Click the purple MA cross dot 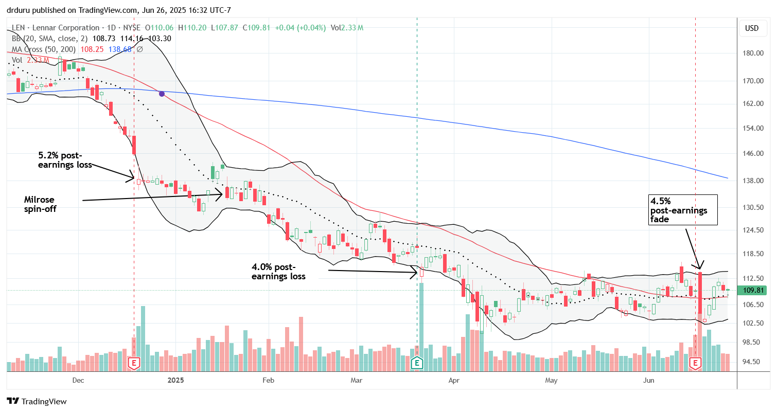tap(162, 94)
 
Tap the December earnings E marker tap(134, 364)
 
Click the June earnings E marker tap(696, 364)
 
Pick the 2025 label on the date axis tap(176, 380)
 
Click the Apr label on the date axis tap(454, 380)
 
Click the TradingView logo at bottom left tap(37, 401)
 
